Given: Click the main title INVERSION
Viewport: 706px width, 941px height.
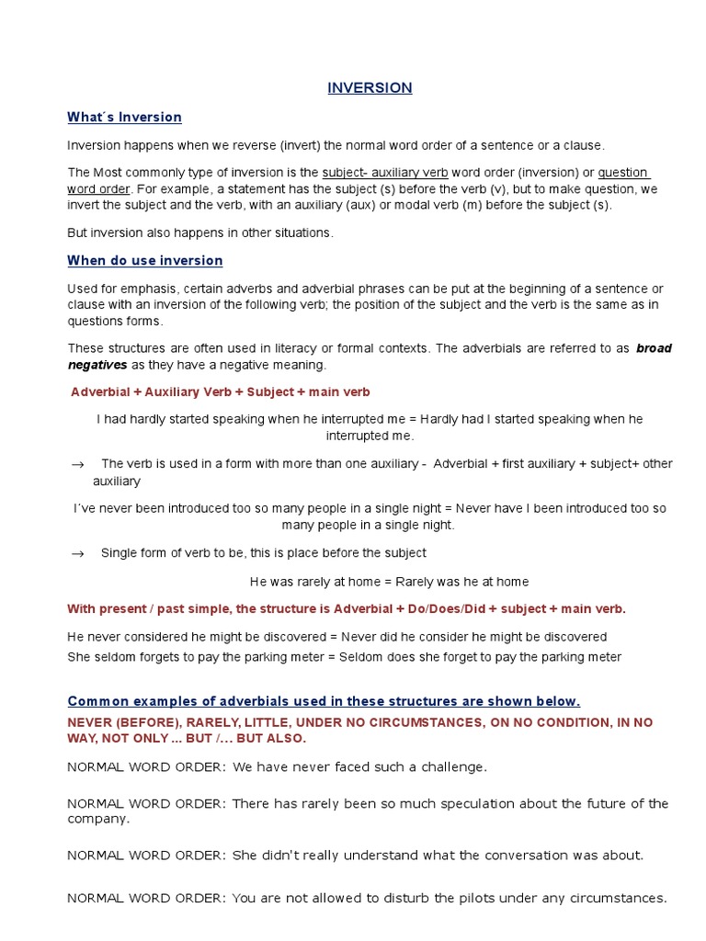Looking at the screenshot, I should [370, 88].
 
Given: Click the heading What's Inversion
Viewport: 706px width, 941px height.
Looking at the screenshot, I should [124, 117].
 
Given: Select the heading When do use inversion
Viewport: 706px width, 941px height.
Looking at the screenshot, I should [144, 261].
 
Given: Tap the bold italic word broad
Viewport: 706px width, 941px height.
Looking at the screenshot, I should [654, 348].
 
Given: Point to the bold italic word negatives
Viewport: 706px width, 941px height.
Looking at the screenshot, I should [97, 365].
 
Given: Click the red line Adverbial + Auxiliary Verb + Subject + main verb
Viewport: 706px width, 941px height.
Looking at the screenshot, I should [221, 392].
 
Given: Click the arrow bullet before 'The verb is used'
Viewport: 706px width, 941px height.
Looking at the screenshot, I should [78, 465].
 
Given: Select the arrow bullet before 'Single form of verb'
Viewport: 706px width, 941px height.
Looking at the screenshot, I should [78, 553].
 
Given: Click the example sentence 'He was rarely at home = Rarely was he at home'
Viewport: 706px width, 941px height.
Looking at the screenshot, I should [389, 582].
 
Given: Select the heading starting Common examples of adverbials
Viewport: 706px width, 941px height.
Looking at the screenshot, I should [324, 701].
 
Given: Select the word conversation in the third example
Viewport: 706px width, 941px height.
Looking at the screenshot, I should [534, 855].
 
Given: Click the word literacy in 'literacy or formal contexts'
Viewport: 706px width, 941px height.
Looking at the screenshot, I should [301, 348].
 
